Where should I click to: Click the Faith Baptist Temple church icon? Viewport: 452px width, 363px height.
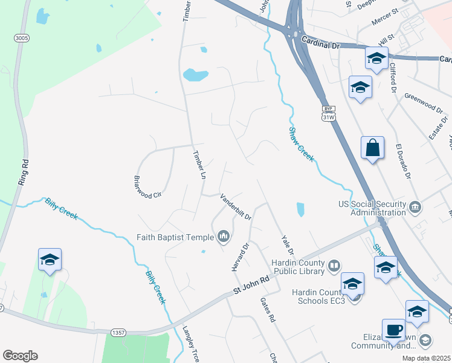pyautogui.click(x=224, y=236)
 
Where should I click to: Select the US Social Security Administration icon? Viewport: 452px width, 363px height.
pyautogui.click(x=415, y=208)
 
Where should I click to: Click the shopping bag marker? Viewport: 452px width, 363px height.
pyautogui.click(x=373, y=147)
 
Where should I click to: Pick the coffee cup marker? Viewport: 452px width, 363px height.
pyautogui.click(x=393, y=330)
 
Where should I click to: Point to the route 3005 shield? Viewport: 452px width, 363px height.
pyautogui.click(x=22, y=38)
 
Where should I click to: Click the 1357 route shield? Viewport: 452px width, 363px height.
pyautogui.click(x=118, y=332)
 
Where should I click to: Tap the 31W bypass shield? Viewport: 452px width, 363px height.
pyautogui.click(x=328, y=113)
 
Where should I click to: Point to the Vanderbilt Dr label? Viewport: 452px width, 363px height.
pyautogui.click(x=236, y=206)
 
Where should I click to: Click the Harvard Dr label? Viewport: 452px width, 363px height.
pyautogui.click(x=241, y=257)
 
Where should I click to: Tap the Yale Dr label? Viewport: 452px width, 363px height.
pyautogui.click(x=287, y=243)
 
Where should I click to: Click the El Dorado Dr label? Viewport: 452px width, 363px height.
pyautogui.click(x=403, y=162)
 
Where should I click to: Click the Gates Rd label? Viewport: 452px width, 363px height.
pyautogui.click(x=268, y=309)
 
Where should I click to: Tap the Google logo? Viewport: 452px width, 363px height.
pyautogui.click(x=20, y=356)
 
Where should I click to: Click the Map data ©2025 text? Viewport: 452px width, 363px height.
pyautogui.click(x=426, y=358)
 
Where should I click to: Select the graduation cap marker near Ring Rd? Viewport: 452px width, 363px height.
pyautogui.click(x=50, y=260)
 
